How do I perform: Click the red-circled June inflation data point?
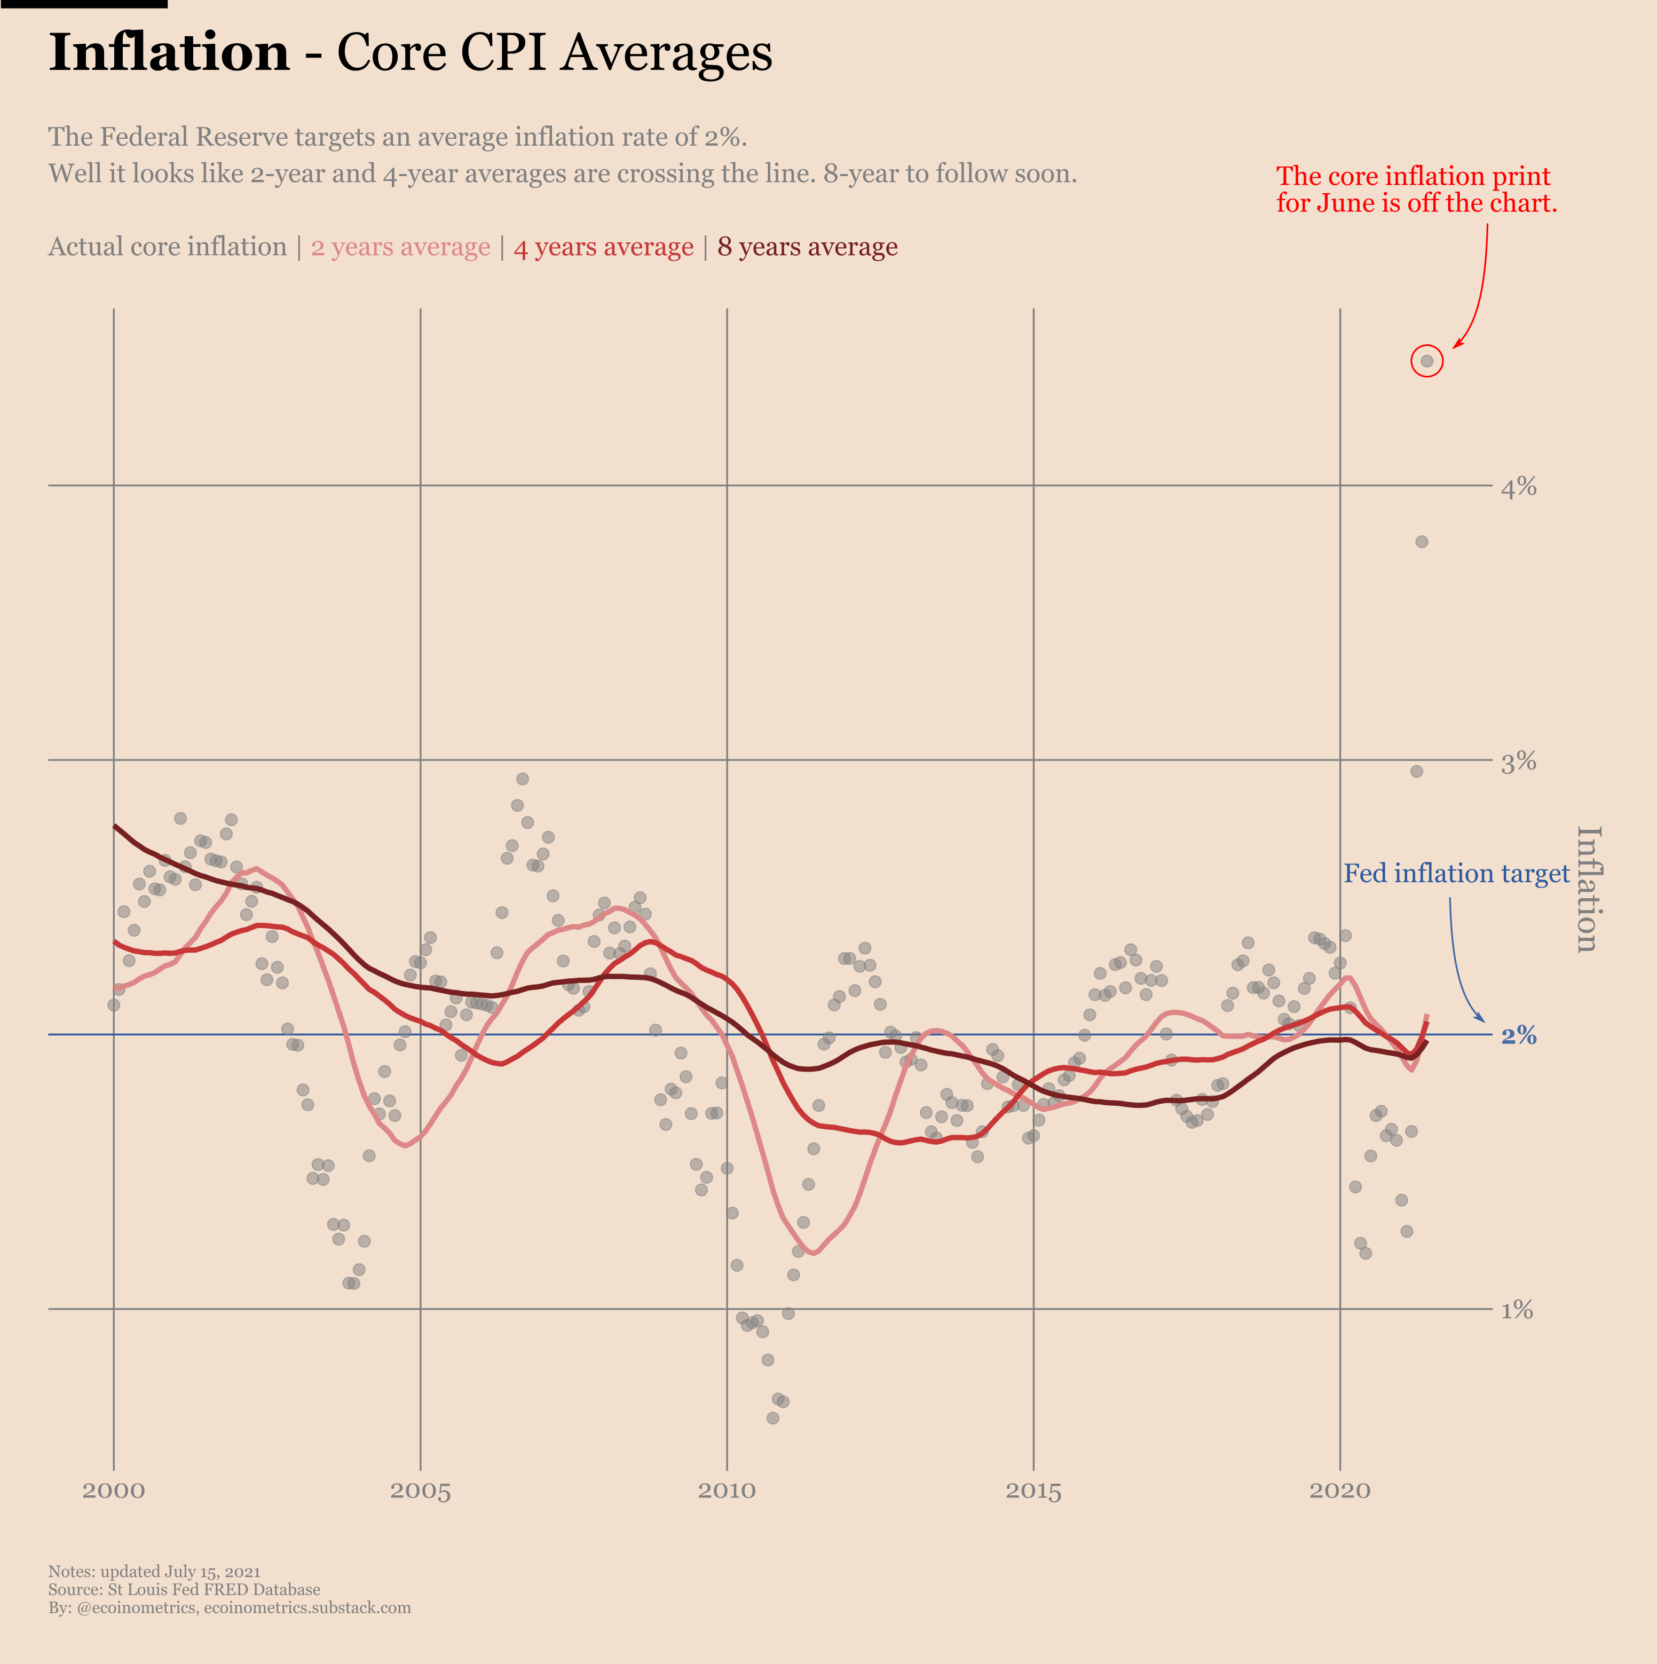(1427, 361)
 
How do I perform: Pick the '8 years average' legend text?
(807, 247)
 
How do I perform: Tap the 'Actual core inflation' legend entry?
(167, 247)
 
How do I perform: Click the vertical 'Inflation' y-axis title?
(1587, 890)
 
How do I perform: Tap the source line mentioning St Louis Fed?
(184, 1589)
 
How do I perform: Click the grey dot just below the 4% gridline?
(1422, 542)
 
